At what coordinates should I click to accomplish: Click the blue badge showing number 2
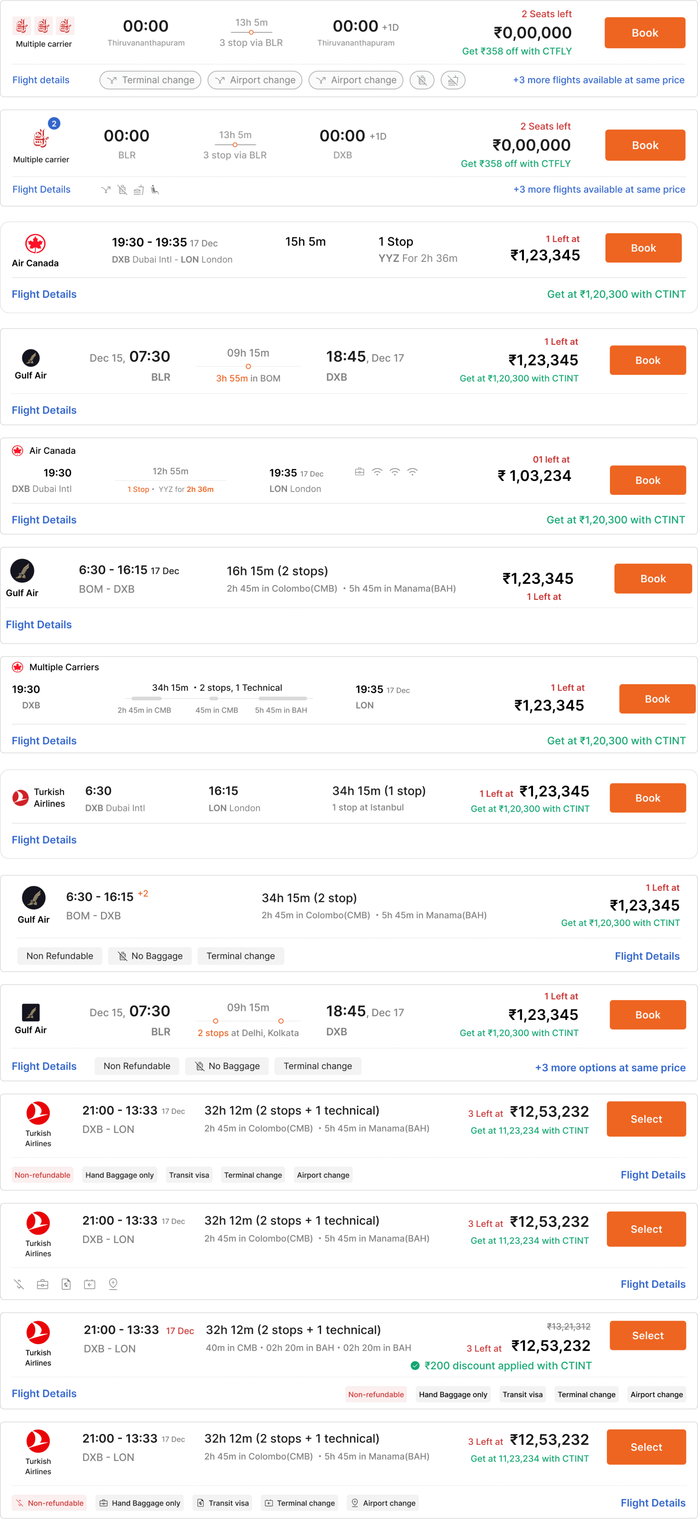(x=54, y=123)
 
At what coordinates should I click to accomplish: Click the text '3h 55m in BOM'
(x=248, y=378)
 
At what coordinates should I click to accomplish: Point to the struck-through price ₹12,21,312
(x=568, y=1326)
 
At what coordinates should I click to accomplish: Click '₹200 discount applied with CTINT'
(x=507, y=1366)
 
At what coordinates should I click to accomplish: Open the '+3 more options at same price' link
(x=610, y=1067)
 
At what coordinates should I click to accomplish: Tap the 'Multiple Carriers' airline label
(x=64, y=667)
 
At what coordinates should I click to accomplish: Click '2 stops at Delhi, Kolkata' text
(x=248, y=1033)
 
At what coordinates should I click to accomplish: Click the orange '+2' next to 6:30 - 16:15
(x=143, y=894)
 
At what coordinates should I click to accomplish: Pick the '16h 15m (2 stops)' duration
(x=277, y=571)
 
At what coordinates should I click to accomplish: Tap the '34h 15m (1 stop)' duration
(x=378, y=791)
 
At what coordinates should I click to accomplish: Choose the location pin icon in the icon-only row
(x=113, y=1284)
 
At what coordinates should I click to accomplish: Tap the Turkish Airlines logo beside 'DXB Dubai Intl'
(x=21, y=798)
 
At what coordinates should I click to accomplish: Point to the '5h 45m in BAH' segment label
(x=281, y=710)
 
